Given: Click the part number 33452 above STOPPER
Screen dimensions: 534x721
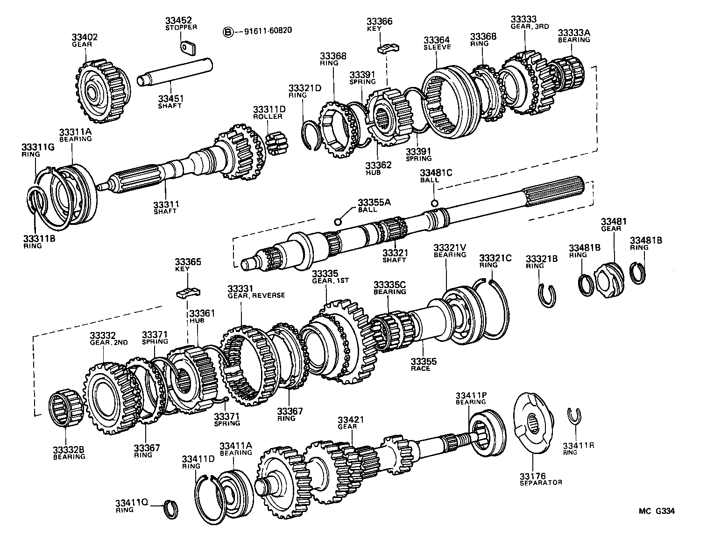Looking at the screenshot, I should tap(178, 21).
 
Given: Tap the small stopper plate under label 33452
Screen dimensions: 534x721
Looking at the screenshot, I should tap(188, 48).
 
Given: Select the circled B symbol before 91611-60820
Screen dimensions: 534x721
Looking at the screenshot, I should tap(227, 32).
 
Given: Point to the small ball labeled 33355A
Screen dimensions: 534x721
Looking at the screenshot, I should tap(339, 221).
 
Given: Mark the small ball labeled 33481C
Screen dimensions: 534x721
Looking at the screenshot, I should tap(434, 202).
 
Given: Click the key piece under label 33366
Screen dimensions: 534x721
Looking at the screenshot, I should tap(389, 47).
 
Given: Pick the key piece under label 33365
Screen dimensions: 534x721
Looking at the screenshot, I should tap(188, 293).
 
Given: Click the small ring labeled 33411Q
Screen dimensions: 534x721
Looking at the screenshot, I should tap(171, 509).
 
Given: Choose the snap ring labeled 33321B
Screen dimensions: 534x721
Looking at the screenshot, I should tap(547, 296).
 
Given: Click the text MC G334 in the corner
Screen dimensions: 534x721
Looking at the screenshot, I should tap(657, 511).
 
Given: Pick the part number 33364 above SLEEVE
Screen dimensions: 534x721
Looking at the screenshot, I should tap(437, 40).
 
